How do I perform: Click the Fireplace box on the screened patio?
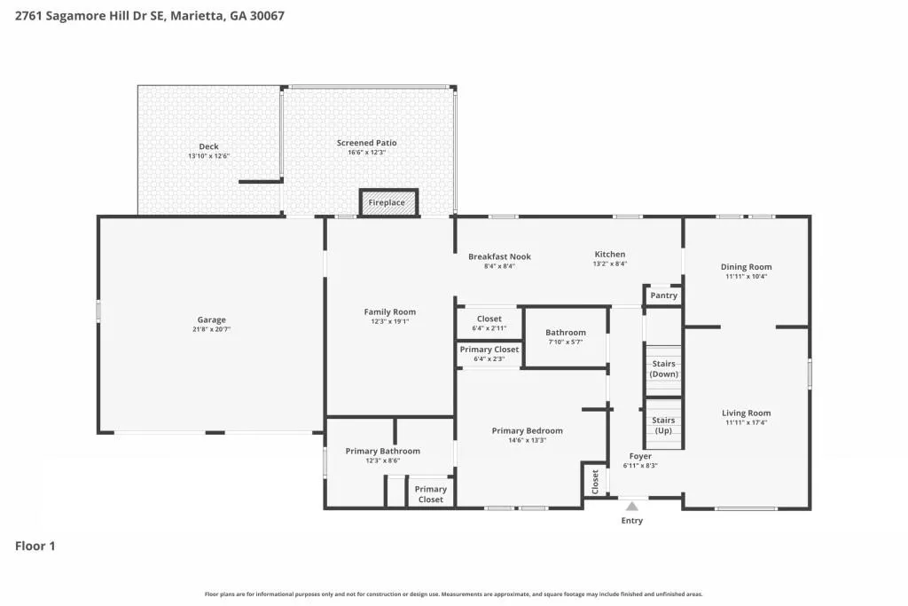point(388,203)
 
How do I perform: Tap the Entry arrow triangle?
point(632,507)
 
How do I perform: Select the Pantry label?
point(663,295)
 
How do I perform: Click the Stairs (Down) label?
point(663,369)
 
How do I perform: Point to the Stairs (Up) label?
point(663,425)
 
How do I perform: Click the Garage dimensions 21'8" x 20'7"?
point(211,330)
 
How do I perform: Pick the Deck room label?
point(208,146)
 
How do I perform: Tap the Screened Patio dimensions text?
point(366,153)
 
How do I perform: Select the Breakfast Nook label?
point(500,256)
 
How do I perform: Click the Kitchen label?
point(610,255)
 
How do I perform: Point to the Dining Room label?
point(746,267)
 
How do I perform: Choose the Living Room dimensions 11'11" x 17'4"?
point(747,423)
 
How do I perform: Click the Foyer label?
point(640,457)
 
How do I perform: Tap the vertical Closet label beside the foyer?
point(595,482)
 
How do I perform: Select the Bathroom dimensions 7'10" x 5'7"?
point(566,342)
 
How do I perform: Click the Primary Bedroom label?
point(527,431)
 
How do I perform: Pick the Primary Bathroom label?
point(383,452)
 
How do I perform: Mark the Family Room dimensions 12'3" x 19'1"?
point(390,321)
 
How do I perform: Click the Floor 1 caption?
point(35,547)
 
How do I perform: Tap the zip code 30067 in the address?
point(267,16)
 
